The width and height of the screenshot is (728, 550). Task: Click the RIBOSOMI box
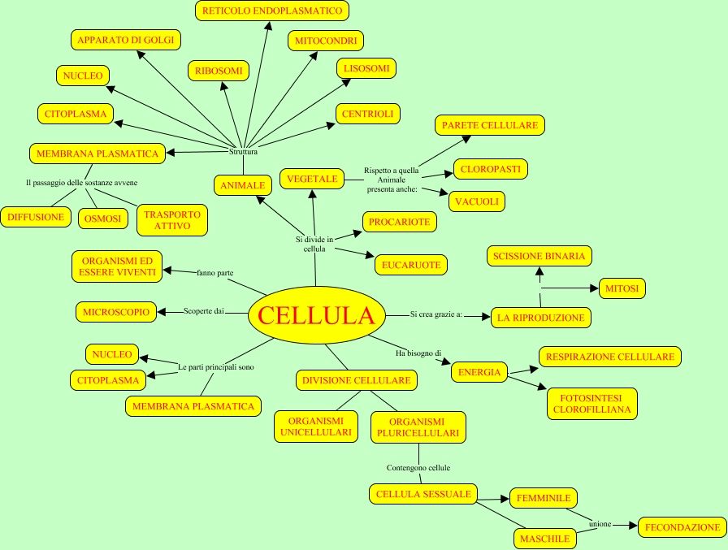click(x=219, y=71)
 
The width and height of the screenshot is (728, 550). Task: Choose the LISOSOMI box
click(x=366, y=68)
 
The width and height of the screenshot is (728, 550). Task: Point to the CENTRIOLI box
click(x=367, y=115)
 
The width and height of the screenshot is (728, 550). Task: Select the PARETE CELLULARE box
click(x=489, y=125)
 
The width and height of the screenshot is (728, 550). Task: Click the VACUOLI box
click(x=479, y=201)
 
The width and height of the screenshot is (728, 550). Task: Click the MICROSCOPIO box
click(x=116, y=311)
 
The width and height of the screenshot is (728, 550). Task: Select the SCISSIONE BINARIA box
click(x=539, y=256)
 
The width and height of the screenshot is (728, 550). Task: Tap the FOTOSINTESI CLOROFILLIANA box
click(x=591, y=404)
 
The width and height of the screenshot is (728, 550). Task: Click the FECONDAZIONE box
click(x=682, y=527)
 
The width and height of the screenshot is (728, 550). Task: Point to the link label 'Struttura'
click(x=243, y=151)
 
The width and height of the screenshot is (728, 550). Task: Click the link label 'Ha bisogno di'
click(x=418, y=353)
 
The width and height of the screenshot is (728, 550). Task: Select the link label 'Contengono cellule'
click(x=418, y=468)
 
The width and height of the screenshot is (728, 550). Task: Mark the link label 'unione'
click(x=600, y=524)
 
